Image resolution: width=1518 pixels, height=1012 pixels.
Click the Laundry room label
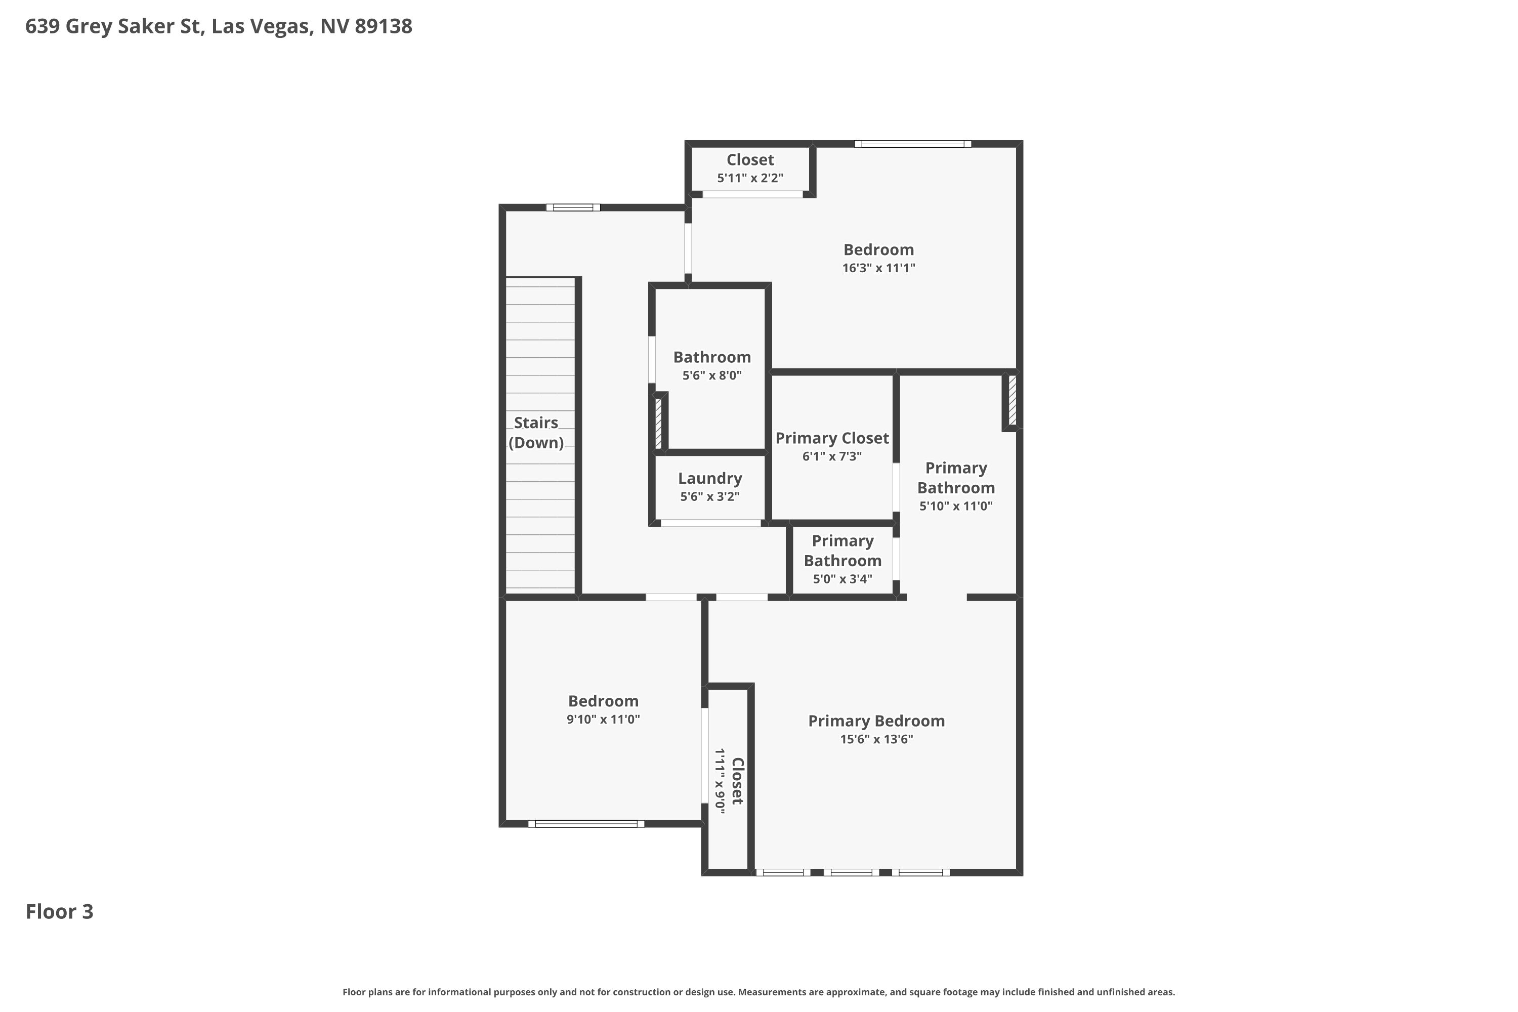pyautogui.click(x=710, y=478)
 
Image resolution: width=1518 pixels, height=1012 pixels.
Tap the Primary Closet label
pyautogui.click(x=832, y=438)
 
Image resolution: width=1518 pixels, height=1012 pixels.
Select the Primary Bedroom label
pyautogui.click(x=876, y=721)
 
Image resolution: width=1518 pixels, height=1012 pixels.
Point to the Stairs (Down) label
pyautogui.click(x=536, y=433)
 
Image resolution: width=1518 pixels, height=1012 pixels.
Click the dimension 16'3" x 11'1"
pyautogui.click(x=878, y=268)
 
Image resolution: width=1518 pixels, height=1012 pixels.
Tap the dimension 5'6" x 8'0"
pyautogui.click(x=712, y=375)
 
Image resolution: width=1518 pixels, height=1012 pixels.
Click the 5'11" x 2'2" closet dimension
pyautogui.click(x=750, y=178)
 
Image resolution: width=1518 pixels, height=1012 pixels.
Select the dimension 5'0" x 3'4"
pyautogui.click(x=842, y=579)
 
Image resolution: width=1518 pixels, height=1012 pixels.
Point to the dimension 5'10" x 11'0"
pyautogui.click(x=956, y=506)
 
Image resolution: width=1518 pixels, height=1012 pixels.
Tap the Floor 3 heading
pyautogui.click(x=59, y=911)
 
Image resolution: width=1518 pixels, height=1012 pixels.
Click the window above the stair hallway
pyautogui.click(x=573, y=207)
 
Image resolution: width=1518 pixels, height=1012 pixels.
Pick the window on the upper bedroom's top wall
pyautogui.click(x=913, y=143)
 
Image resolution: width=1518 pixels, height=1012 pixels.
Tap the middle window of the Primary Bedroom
pyautogui.click(x=851, y=872)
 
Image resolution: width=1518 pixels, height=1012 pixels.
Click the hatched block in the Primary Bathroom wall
pyautogui.click(x=1012, y=400)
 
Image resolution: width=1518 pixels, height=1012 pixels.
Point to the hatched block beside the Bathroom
pyautogui.click(x=658, y=423)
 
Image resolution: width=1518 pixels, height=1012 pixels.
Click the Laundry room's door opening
pyautogui.click(x=710, y=523)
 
